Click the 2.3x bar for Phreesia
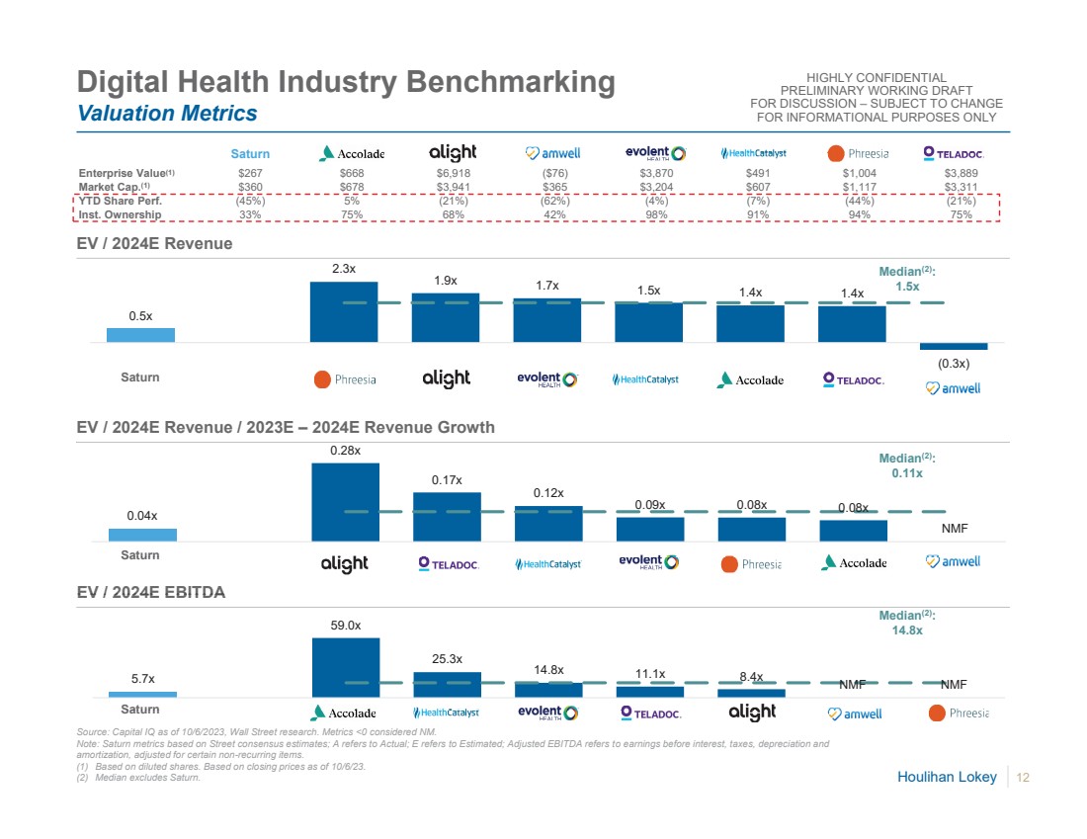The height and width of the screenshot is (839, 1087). coord(344,312)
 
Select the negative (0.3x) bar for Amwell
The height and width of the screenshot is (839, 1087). coord(954,346)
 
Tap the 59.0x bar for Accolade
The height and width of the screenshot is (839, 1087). coord(346,667)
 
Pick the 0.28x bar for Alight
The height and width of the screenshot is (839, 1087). coord(346,502)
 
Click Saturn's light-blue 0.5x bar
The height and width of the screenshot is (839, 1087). coord(140,335)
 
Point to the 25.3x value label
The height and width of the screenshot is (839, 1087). coord(447,658)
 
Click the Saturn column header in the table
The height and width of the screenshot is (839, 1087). coord(250,153)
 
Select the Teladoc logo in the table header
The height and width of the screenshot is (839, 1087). coord(954,153)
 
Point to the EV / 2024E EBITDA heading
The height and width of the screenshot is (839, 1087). coord(152,593)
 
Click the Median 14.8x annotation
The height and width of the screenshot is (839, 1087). coord(906,623)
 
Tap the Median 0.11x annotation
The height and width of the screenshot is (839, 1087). coord(906,465)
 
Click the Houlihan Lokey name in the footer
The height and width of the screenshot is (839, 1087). coord(947,778)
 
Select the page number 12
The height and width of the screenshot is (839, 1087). coord(1023,778)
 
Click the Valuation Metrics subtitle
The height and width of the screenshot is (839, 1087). coord(168,114)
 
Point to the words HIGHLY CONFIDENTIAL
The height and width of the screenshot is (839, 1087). coord(877,78)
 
